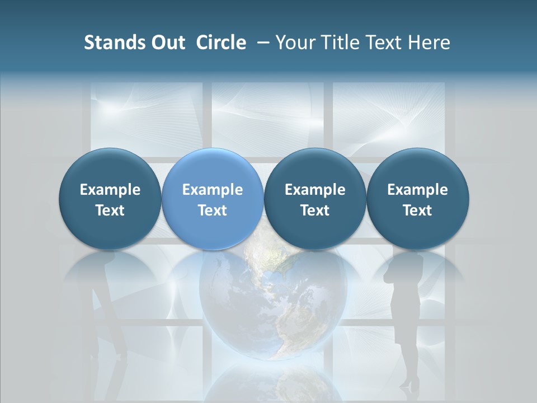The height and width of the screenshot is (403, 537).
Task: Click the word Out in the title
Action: (x=166, y=43)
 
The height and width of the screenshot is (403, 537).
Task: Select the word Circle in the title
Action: (x=221, y=43)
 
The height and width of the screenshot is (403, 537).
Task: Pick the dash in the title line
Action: (x=262, y=43)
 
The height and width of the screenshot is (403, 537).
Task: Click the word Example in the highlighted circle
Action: (x=213, y=190)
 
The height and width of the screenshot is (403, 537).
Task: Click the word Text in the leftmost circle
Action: (x=110, y=210)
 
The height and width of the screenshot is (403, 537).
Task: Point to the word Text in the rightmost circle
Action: (x=417, y=210)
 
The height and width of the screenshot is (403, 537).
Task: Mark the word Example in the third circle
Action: (x=315, y=190)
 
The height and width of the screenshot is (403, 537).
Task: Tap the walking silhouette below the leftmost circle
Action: (x=106, y=313)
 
